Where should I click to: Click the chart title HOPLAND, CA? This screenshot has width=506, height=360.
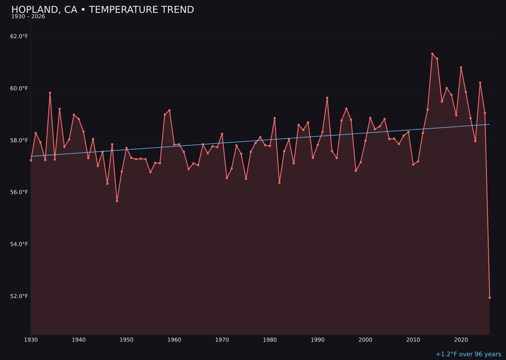point(102,10)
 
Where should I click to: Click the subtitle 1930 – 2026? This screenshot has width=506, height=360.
point(28,17)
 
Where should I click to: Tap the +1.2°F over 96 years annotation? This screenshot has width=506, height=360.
point(468,354)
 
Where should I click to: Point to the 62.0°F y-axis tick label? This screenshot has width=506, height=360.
point(19,37)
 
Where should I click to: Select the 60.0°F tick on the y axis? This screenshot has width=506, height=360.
point(19,89)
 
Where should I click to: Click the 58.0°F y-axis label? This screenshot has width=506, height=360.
point(19,141)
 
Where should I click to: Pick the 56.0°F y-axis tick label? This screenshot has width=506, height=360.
point(19,192)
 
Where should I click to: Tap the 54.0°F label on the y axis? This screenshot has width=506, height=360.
point(19,244)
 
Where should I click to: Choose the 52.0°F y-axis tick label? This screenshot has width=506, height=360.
point(19,296)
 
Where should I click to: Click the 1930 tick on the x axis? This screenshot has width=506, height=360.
point(31,340)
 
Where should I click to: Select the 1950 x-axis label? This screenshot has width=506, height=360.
point(126,340)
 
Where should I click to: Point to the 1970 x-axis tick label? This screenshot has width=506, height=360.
point(222,340)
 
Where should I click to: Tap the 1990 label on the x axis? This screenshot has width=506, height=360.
point(318,340)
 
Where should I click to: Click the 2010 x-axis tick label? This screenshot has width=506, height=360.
point(413,340)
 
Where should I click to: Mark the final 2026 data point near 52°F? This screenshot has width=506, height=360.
point(490,298)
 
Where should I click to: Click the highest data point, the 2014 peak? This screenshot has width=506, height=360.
point(432,54)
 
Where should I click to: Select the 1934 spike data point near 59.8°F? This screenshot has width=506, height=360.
point(50,93)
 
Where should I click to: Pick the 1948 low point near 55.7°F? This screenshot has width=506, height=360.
point(117,201)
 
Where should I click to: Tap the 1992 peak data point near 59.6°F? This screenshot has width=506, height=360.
point(327,98)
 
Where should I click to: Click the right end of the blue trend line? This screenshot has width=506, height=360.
point(489,124)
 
